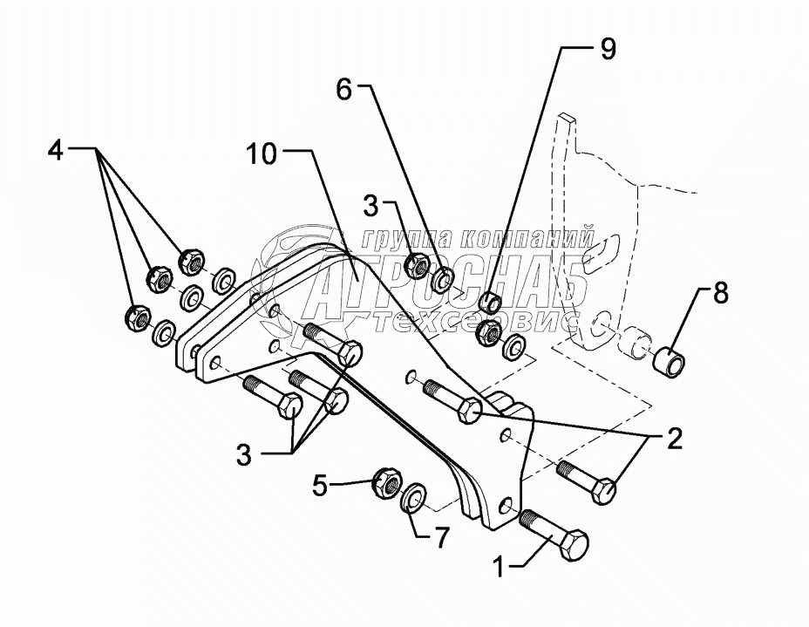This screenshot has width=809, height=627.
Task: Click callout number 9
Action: [x=607, y=50]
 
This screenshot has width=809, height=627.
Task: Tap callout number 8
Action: [x=719, y=294]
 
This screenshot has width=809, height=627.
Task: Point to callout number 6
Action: [x=343, y=89]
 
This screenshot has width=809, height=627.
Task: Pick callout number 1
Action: [x=500, y=569]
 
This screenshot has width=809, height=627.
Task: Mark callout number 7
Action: [x=442, y=539]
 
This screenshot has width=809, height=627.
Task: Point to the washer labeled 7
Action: [x=414, y=499]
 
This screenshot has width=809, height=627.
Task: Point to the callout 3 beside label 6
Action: [x=371, y=207]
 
